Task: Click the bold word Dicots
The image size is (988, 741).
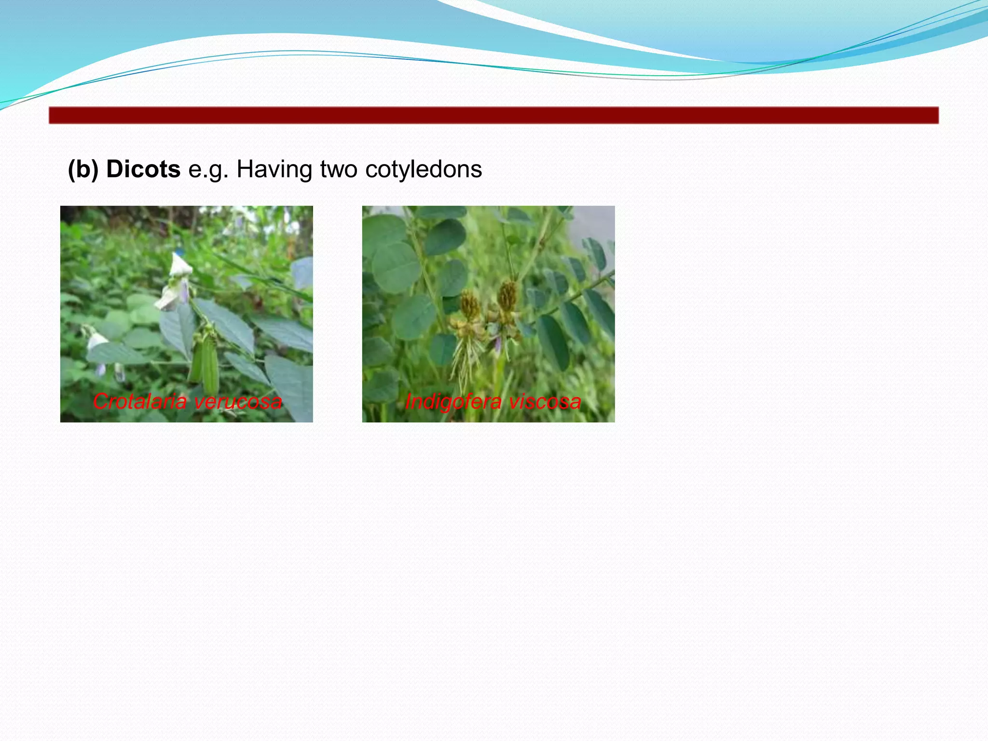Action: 143,169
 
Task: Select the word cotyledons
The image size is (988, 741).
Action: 423,169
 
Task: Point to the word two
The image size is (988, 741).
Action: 339,169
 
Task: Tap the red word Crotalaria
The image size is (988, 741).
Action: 139,401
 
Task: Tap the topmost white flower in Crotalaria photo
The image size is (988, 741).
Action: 180,265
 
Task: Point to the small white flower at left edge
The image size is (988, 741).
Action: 96,340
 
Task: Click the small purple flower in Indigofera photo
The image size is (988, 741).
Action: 497,343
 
